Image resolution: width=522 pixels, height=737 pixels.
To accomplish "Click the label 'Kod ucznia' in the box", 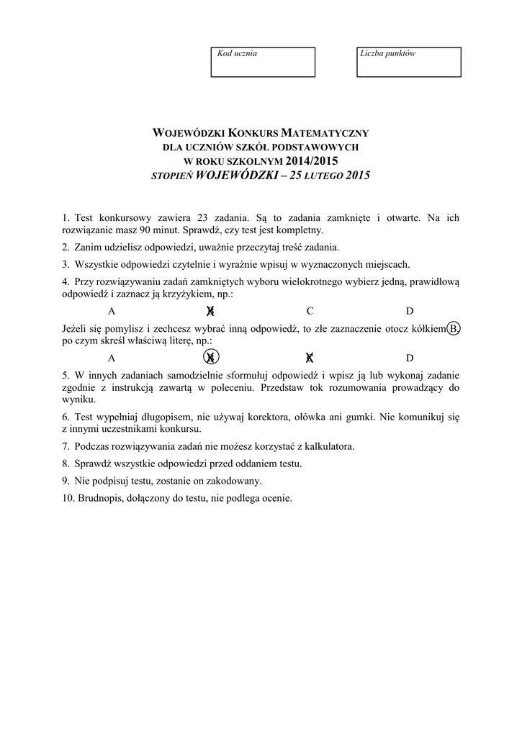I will (x=237, y=53).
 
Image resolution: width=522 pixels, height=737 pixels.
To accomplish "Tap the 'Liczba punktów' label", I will (x=389, y=53).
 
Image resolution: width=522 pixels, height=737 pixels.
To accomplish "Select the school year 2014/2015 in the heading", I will (x=311, y=160).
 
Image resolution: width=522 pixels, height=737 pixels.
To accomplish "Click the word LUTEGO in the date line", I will (x=322, y=175).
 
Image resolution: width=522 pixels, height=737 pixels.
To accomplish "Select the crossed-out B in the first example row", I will (x=210, y=311).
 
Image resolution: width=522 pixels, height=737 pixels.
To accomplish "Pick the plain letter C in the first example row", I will (x=310, y=311).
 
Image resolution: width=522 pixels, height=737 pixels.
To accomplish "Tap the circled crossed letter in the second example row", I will (x=211, y=358).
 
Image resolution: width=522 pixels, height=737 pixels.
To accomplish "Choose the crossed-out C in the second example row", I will (x=310, y=358).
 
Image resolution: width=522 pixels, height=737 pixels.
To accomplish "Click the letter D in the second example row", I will (x=410, y=358).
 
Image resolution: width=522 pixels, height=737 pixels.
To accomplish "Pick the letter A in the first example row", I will (x=112, y=311).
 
